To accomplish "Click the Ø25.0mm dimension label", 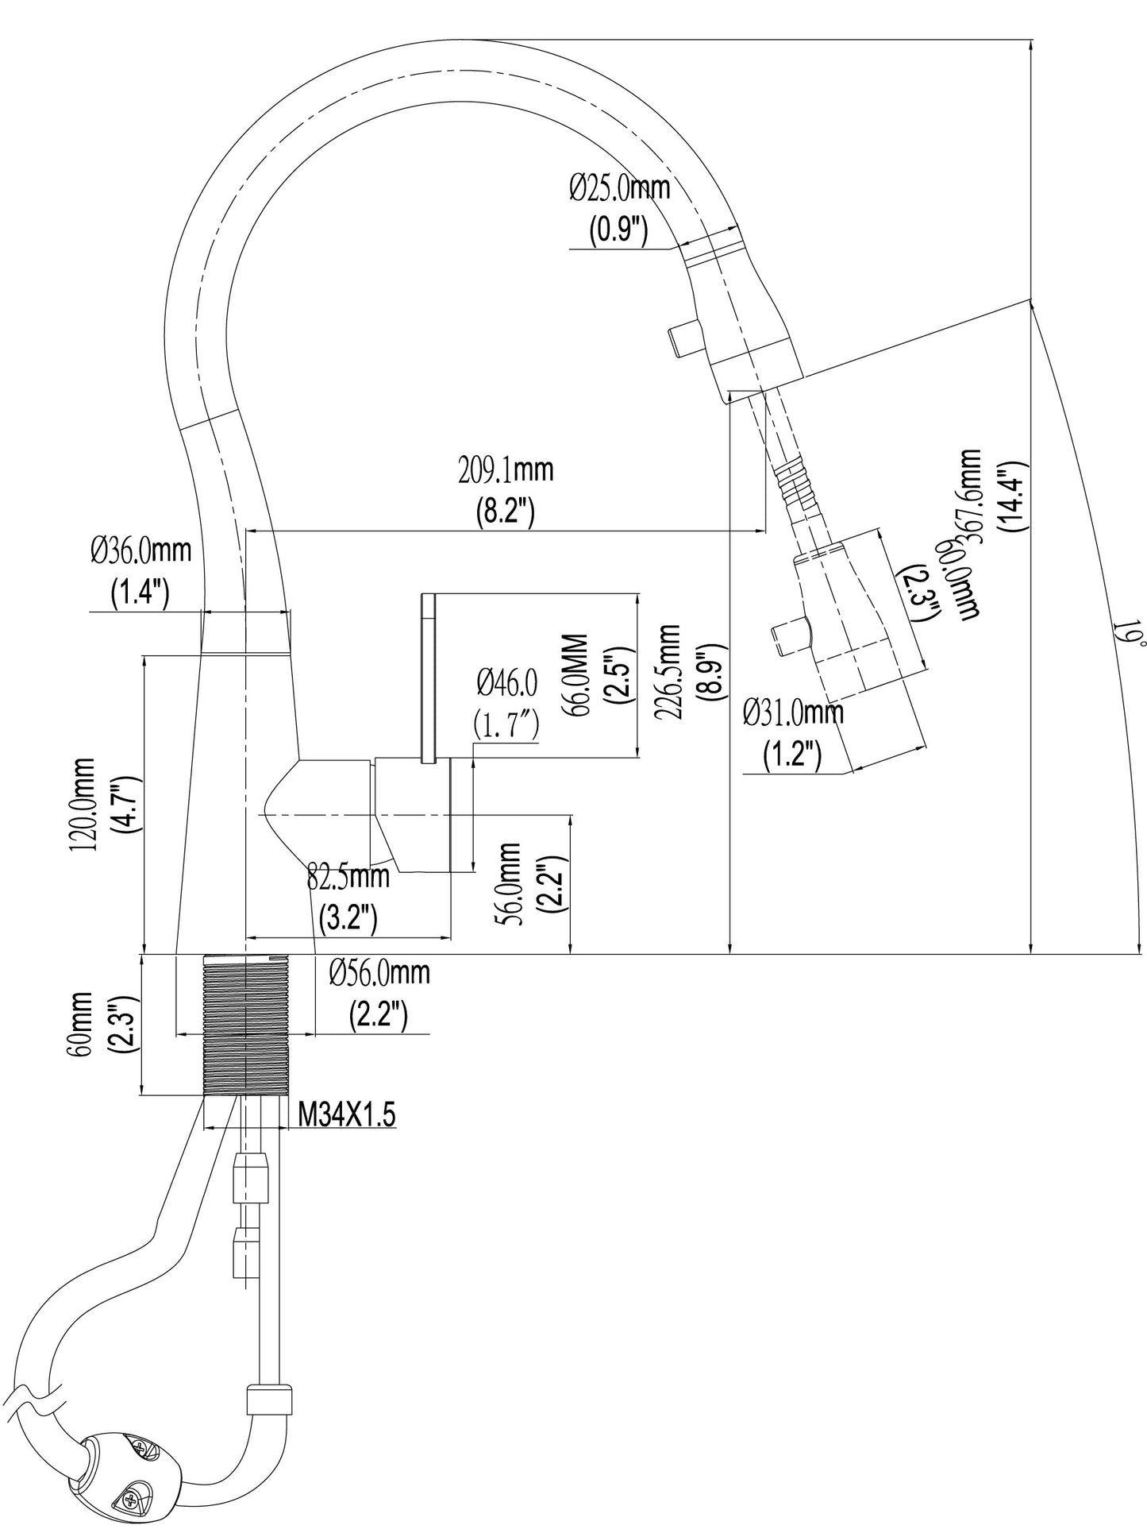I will coord(619,189).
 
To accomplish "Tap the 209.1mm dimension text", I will coord(506,471).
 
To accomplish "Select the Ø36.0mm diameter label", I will coord(140,550).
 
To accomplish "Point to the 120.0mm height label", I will coord(83,804).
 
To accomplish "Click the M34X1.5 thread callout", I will coord(346,1116).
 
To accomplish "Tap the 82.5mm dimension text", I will coord(348,877).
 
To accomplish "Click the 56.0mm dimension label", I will coord(508,882).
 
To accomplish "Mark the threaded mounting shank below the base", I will coord(248,1025).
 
